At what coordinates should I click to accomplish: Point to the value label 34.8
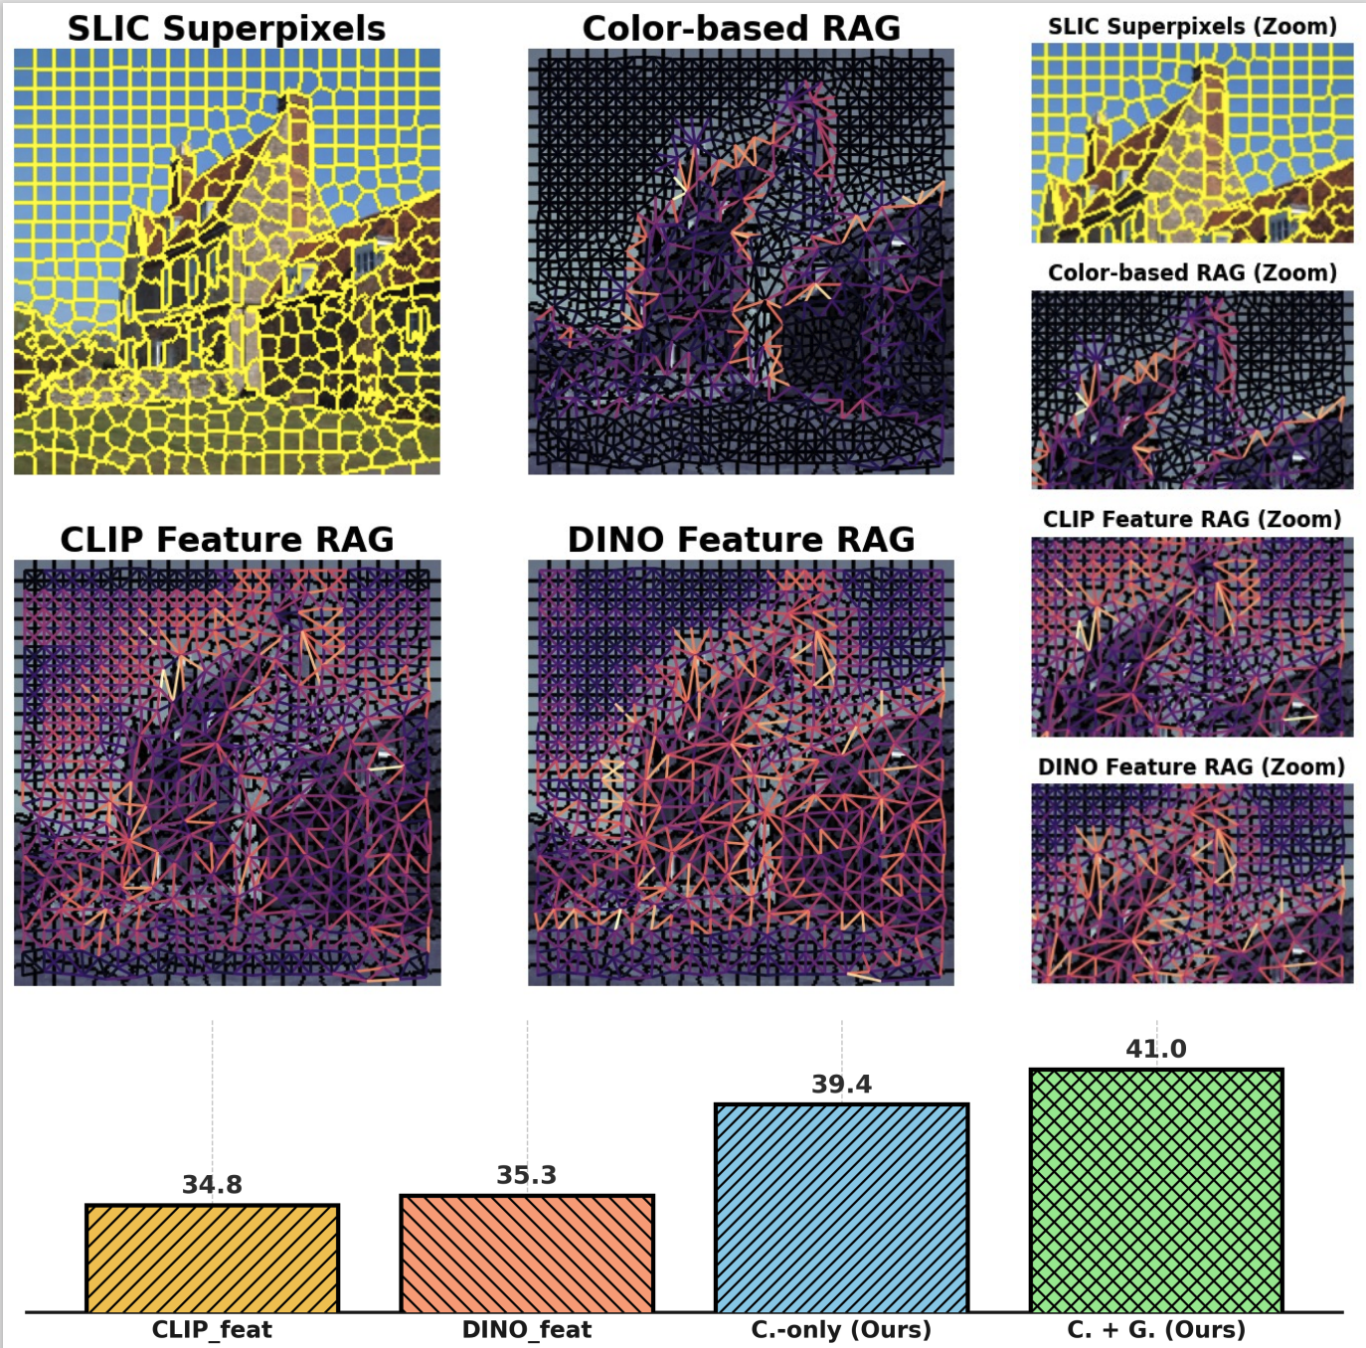tap(212, 1184)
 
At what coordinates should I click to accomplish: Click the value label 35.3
tap(527, 1175)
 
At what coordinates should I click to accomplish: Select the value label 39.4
tap(841, 1084)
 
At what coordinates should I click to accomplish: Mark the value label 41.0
tap(1156, 1049)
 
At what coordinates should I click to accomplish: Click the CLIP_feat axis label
tap(212, 1329)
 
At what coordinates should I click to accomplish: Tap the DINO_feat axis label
tap(527, 1329)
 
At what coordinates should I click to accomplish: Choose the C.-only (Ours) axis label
tap(841, 1329)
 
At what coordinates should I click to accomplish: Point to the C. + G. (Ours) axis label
tap(1156, 1329)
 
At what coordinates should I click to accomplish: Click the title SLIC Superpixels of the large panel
tap(227, 28)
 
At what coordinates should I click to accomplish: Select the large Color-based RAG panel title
tap(741, 28)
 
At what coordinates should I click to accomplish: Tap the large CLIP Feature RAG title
tap(227, 539)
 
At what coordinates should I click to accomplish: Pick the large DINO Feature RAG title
tap(741, 539)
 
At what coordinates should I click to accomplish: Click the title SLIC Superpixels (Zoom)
tap(1192, 27)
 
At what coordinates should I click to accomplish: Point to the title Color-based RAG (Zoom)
tap(1192, 272)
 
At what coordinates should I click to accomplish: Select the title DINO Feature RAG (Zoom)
tap(1192, 766)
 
